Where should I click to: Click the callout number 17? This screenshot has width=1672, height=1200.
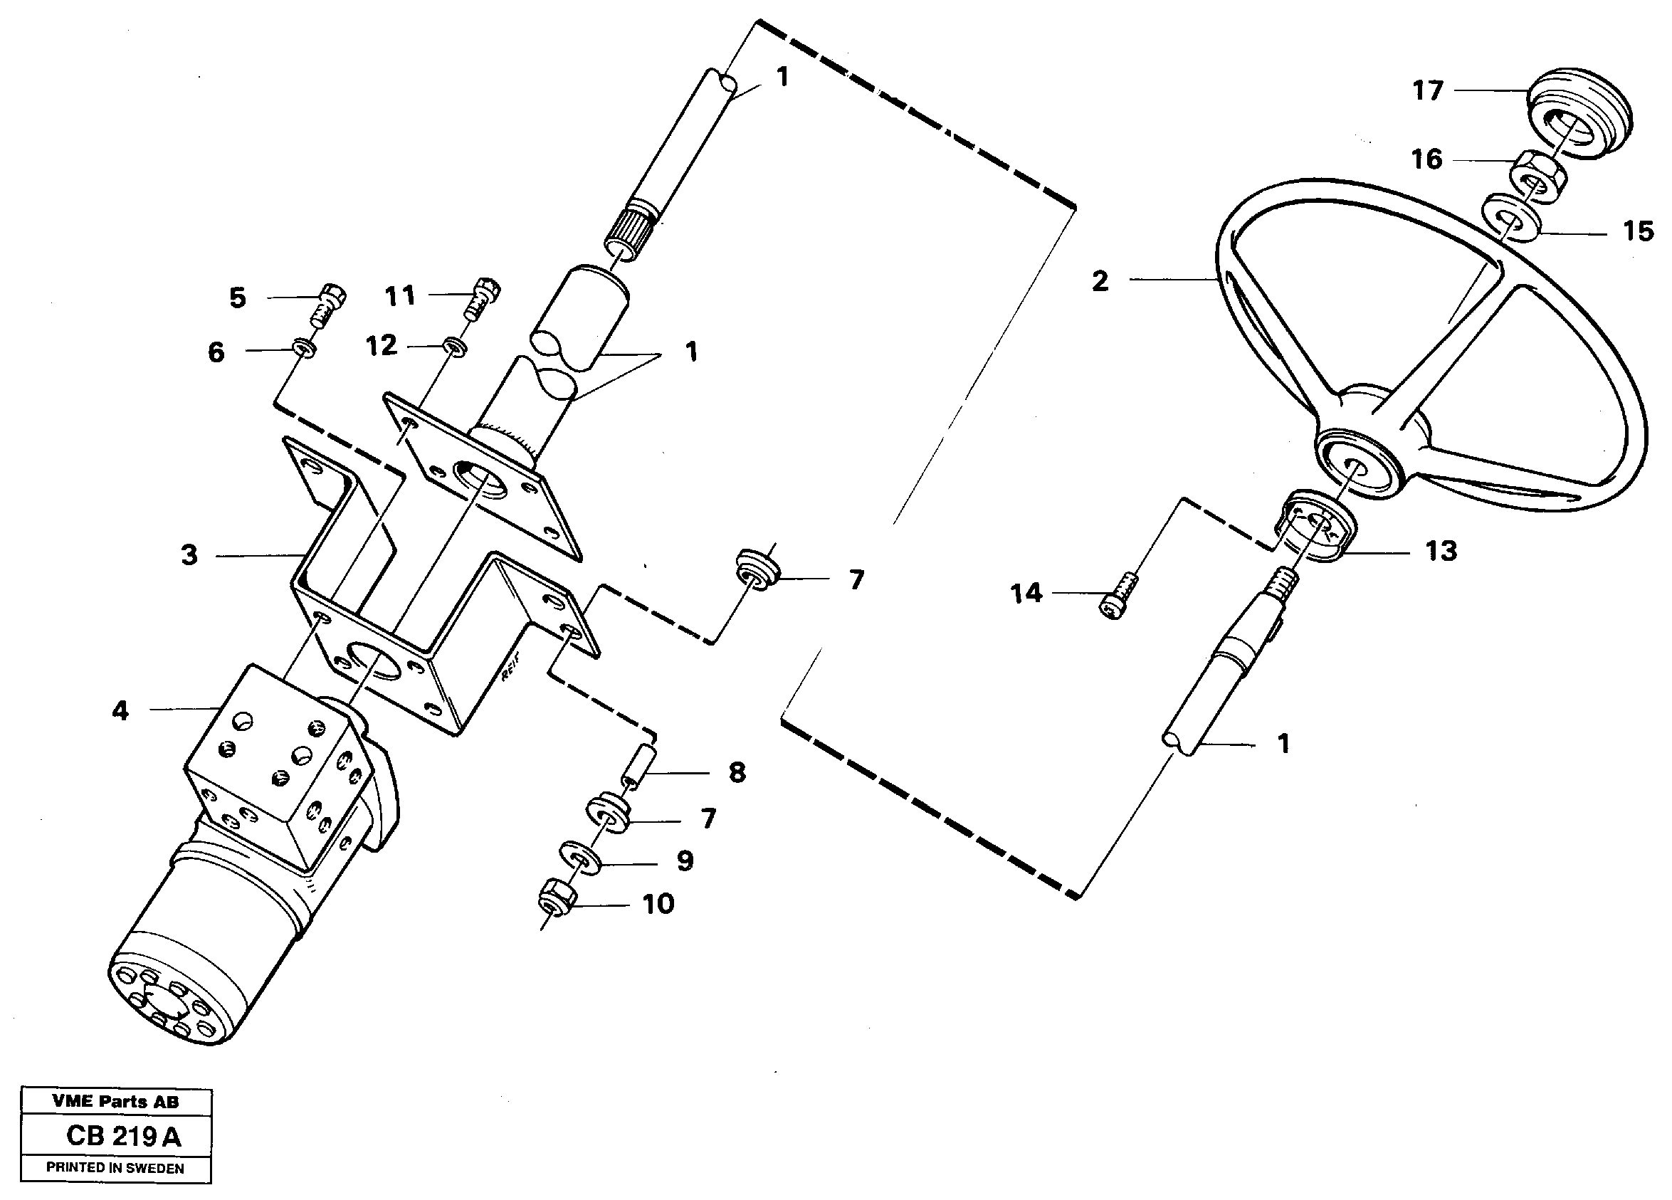tap(1427, 90)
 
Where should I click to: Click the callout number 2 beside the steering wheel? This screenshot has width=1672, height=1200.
tap(1100, 281)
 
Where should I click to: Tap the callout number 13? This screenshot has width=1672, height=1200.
tap(1441, 551)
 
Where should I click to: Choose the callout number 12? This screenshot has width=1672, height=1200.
tap(381, 345)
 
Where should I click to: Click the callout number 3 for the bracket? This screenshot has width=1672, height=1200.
tap(189, 555)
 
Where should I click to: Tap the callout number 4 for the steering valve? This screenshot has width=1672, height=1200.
tap(120, 710)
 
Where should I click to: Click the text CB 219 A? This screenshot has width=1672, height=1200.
tap(123, 1136)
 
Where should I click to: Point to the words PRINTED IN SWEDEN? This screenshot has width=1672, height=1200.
tap(115, 1167)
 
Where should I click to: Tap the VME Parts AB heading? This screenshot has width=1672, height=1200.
tap(115, 1102)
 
